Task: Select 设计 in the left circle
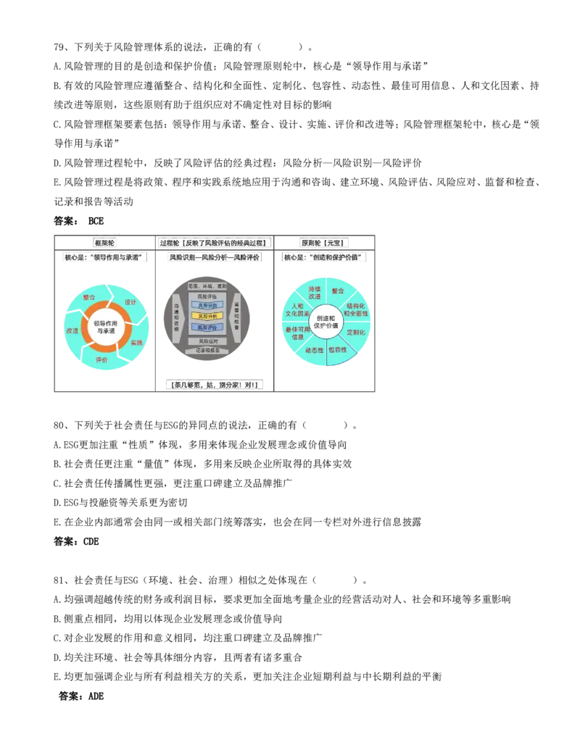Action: (131, 301)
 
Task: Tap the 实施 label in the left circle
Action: (137, 342)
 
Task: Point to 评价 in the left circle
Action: (101, 359)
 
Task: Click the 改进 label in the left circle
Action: (72, 330)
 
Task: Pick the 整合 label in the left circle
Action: (88, 296)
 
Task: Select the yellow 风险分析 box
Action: (207, 316)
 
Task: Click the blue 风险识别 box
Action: (207, 306)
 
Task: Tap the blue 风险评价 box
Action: (207, 328)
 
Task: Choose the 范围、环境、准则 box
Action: (207, 286)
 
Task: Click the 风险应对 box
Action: (207, 341)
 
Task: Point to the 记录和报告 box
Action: (207, 351)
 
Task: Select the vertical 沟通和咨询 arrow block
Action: (176, 317)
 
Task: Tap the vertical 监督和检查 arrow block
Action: (237, 317)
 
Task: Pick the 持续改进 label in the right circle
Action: (315, 293)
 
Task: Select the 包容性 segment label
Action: (338, 349)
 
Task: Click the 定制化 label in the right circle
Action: (355, 332)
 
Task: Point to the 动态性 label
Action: (315, 350)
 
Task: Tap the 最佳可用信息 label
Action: (297, 333)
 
